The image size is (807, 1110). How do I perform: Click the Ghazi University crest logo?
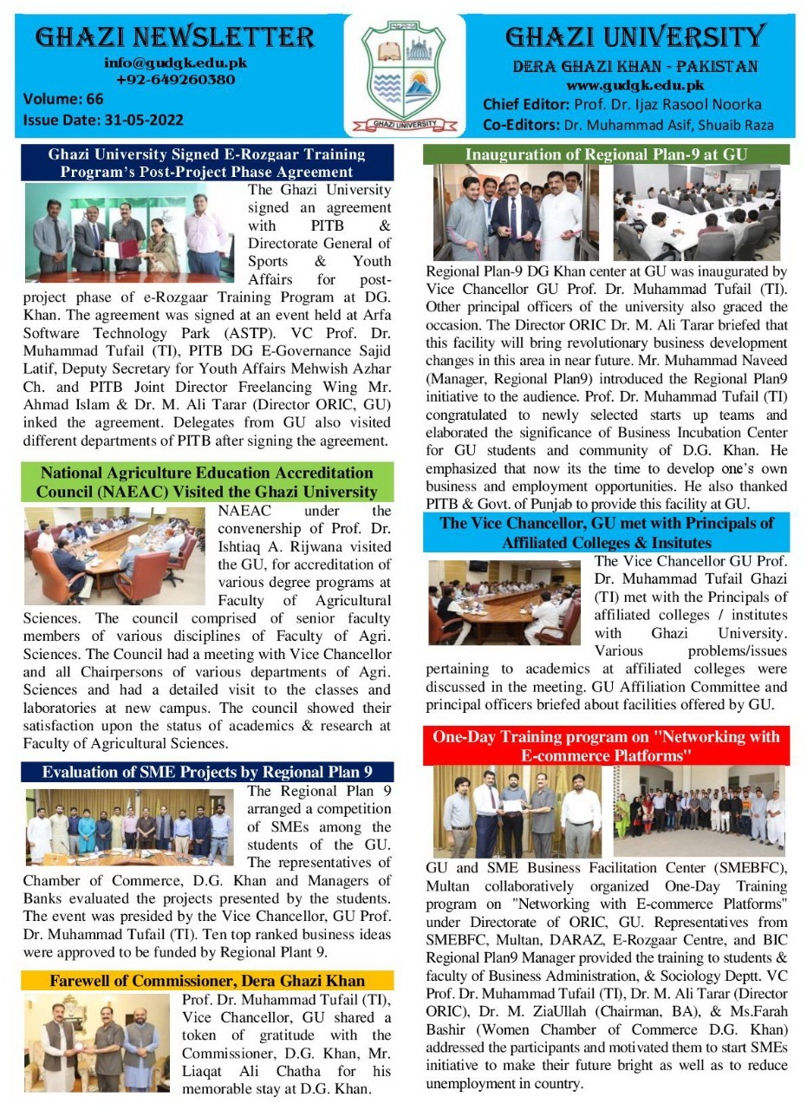(x=404, y=75)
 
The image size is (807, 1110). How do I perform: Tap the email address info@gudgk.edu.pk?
(x=175, y=62)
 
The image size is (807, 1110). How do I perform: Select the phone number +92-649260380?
(x=175, y=80)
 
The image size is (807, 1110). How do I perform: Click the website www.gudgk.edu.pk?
(x=635, y=85)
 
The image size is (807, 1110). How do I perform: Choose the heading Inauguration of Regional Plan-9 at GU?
(x=606, y=155)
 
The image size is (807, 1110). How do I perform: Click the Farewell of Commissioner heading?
(x=207, y=981)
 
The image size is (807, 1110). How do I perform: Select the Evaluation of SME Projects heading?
(x=207, y=772)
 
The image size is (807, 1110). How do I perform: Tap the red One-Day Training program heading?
(x=606, y=746)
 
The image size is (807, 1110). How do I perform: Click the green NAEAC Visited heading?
(x=207, y=482)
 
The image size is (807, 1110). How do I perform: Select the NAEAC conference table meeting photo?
(x=114, y=555)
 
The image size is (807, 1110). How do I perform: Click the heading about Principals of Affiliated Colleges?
(x=606, y=532)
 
